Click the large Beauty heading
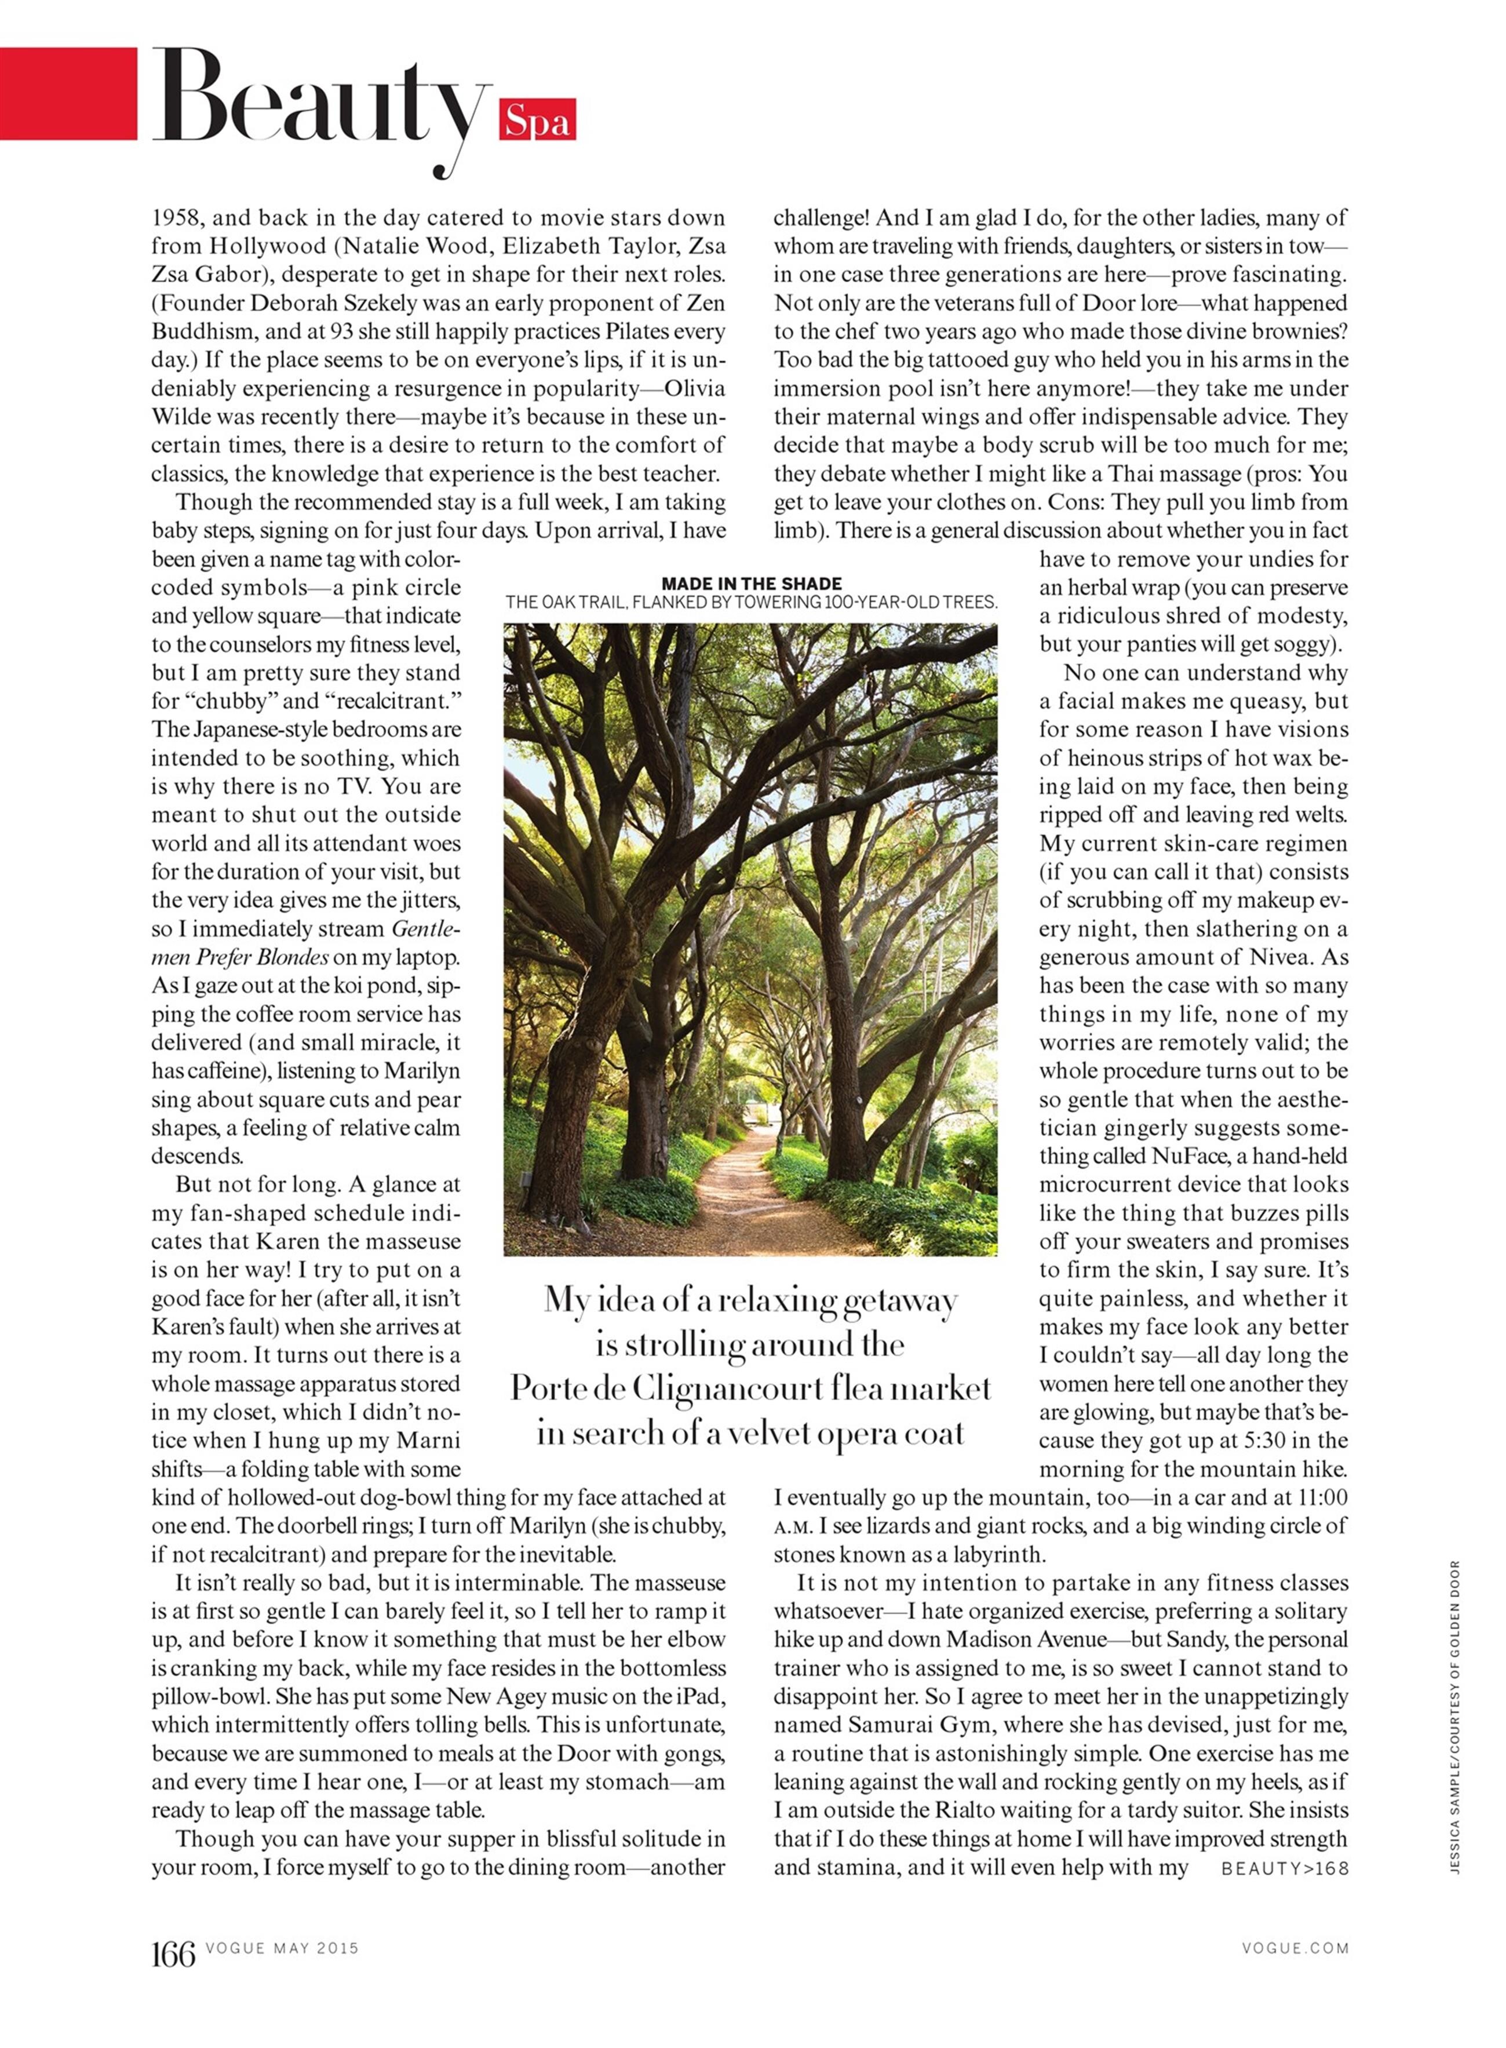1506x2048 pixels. [319, 100]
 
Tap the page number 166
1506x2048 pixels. [173, 1954]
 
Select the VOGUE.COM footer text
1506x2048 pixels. [1294, 1948]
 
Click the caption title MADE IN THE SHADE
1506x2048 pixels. [751, 584]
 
